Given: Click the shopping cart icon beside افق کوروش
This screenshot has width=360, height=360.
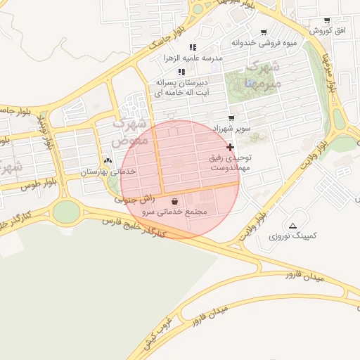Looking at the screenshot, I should click(x=327, y=20).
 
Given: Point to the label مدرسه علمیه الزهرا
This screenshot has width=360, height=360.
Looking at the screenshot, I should click(x=193, y=58).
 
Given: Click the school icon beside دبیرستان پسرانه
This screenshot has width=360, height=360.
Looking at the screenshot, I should click(x=181, y=72).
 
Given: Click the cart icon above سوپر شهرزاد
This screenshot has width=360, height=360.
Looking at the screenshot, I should click(x=231, y=118).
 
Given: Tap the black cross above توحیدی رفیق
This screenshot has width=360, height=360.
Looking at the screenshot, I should click(x=231, y=147).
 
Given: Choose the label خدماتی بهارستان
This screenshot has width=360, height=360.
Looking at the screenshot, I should click(x=108, y=172).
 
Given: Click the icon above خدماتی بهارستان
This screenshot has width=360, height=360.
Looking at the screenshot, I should click(x=108, y=161).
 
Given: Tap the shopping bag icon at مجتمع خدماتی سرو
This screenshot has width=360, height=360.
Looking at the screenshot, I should click(x=174, y=200).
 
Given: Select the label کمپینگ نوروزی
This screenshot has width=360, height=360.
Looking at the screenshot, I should click(x=292, y=236).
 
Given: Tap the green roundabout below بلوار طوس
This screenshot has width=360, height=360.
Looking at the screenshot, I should click(x=66, y=211).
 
